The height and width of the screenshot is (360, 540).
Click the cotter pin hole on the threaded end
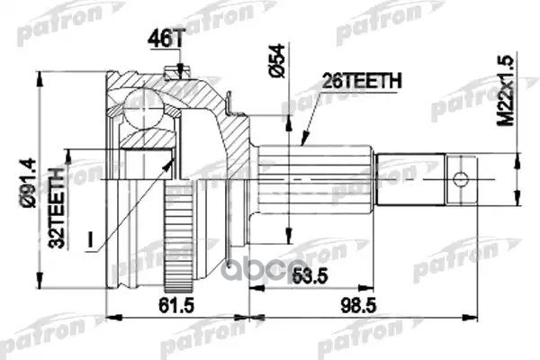click(458, 176)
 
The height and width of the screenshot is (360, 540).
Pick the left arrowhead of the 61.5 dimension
click(110, 316)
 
